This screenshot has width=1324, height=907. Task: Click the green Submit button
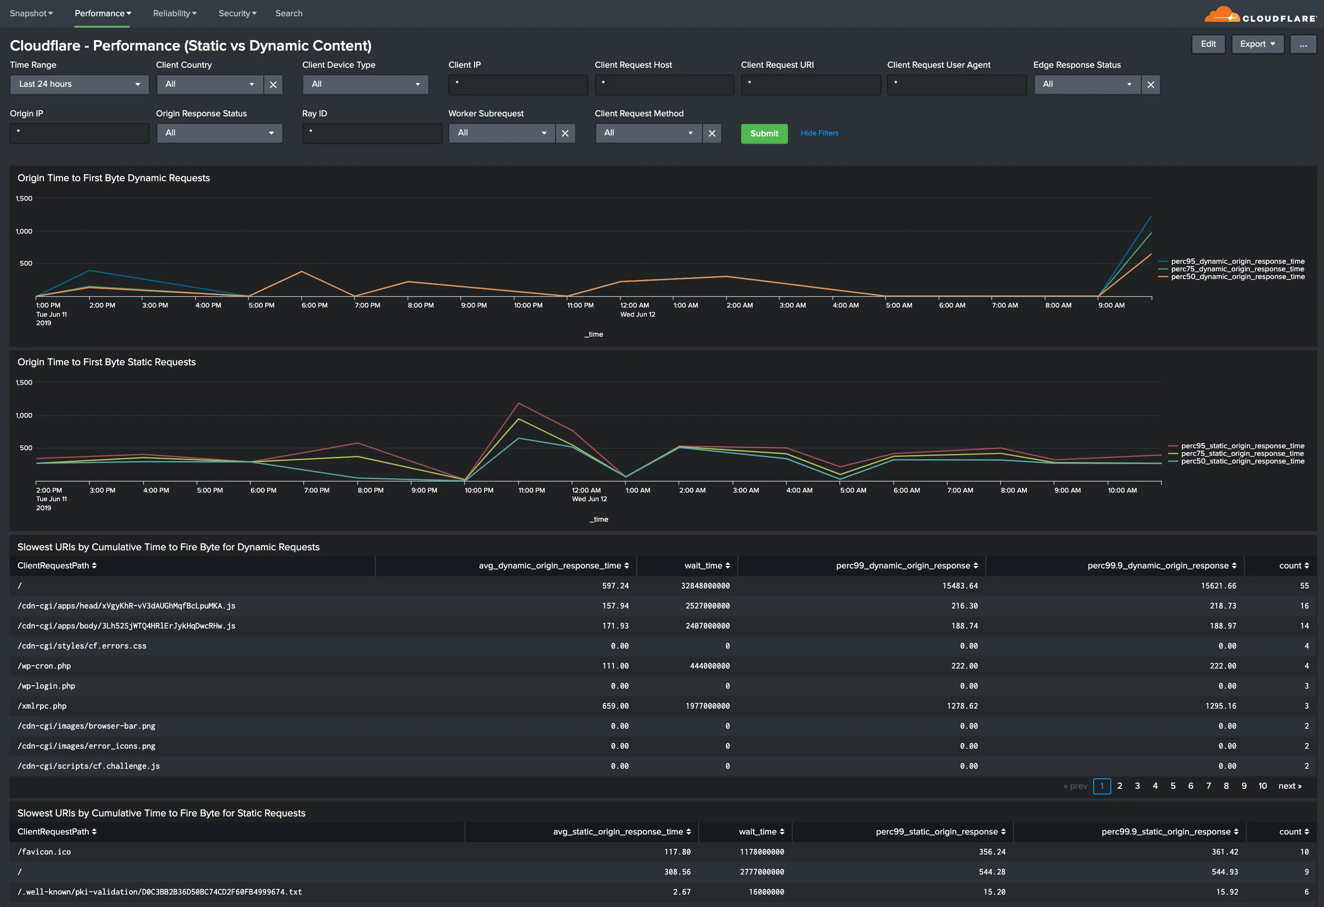764,134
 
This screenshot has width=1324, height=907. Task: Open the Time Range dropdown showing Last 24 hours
79,84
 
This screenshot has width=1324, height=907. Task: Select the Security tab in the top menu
237,13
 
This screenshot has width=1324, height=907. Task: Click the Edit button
1208,44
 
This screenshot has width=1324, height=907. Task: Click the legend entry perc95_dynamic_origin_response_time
1237,261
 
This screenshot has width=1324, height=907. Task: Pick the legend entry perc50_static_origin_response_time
1242,462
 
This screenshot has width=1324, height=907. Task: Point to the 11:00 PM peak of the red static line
518,403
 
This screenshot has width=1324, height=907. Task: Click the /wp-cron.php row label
44,666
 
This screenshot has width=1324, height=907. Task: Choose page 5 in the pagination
1172,786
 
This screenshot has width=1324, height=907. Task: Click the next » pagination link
1289,786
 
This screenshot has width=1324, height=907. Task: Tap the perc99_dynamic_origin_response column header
906,566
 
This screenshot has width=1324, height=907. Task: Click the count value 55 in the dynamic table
1303,586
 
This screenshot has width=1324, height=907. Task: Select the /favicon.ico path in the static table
44,852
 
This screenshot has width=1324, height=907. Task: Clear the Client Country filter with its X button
273,85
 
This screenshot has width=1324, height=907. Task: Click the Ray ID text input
372,134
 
